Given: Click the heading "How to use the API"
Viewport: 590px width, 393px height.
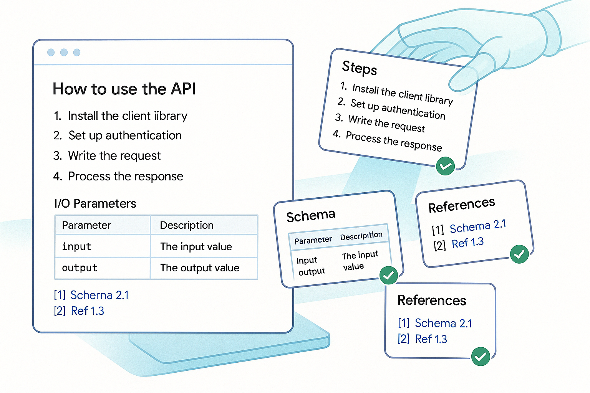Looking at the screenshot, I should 124,89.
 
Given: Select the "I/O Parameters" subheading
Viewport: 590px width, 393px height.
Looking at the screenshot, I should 95,203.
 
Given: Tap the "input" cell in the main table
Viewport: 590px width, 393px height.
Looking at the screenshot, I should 76,246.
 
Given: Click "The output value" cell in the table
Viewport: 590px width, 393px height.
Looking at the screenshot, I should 200,268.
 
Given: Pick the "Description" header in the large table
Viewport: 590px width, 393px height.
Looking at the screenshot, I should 187,225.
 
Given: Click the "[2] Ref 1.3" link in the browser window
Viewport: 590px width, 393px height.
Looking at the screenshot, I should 79,311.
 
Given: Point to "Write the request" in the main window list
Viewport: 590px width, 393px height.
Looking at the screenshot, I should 114,156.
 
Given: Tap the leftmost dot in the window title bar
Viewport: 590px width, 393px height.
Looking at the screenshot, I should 51,52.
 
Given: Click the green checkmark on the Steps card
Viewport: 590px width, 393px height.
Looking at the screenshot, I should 445,166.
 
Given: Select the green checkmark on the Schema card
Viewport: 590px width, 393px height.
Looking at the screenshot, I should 388,275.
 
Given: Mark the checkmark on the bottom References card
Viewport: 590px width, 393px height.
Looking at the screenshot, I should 480,357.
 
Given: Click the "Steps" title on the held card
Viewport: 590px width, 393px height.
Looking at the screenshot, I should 360,68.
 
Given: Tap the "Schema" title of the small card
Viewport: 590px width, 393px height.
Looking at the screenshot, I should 311,216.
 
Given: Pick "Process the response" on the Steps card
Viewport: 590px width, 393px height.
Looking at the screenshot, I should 394,141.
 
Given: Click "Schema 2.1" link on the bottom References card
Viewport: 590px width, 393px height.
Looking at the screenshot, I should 443,323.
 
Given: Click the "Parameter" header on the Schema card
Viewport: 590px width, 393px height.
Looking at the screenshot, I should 313,240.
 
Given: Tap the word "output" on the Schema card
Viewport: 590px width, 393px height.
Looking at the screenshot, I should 312,272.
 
